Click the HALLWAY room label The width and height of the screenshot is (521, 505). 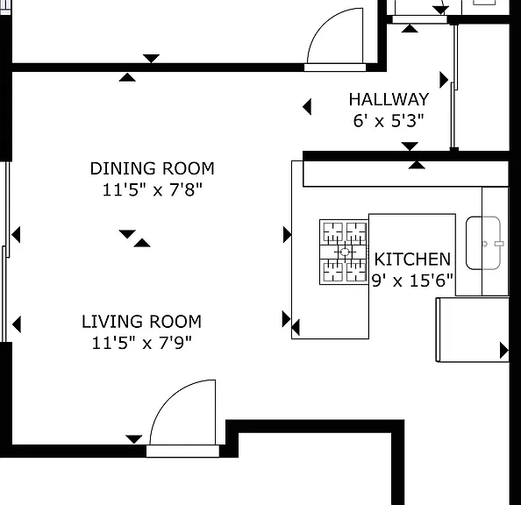389,100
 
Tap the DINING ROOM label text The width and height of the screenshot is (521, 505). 153,168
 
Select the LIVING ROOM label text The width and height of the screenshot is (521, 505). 141,322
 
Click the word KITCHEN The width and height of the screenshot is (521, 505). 412,260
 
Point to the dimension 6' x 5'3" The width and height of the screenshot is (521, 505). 389,121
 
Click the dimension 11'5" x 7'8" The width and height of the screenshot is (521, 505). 153,189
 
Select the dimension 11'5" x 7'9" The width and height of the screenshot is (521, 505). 141,343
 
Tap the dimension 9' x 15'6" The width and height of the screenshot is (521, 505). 412,281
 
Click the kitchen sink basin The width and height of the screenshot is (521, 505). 483,243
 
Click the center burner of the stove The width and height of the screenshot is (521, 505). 345,252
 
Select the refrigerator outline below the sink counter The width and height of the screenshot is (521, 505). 472,330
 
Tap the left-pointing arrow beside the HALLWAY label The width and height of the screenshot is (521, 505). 307,107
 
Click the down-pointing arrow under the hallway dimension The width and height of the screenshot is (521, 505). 410,146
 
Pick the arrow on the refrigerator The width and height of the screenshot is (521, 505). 504,351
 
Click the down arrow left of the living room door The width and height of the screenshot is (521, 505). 134,439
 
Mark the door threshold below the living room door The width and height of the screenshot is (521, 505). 182,452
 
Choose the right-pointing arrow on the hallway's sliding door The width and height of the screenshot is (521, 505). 444,80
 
